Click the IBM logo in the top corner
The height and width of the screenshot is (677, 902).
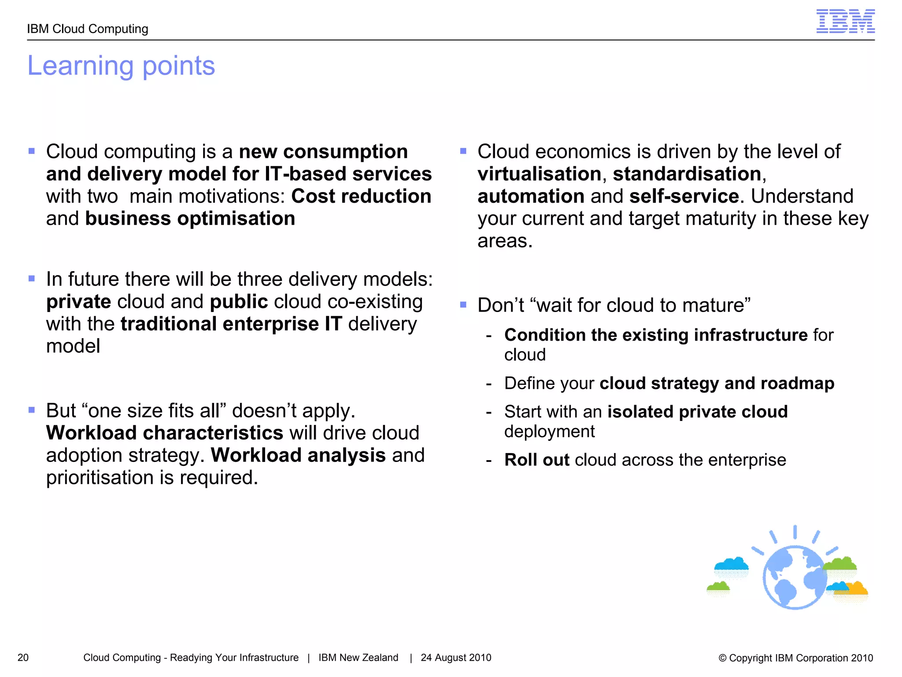pyautogui.click(x=845, y=22)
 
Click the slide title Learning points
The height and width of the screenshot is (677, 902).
pyautogui.click(x=121, y=66)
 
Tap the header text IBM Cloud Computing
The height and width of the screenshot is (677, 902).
pyautogui.click(x=87, y=29)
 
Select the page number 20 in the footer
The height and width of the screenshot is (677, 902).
pyautogui.click(x=23, y=658)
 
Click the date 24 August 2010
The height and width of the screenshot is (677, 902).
pyautogui.click(x=456, y=658)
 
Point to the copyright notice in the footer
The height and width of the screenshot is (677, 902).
pyautogui.click(x=795, y=658)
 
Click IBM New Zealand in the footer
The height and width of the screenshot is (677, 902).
pyautogui.click(x=358, y=658)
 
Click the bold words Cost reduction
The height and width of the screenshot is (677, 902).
pyautogui.click(x=361, y=196)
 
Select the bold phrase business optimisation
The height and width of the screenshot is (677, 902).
pyautogui.click(x=190, y=219)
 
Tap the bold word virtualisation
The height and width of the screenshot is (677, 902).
pyautogui.click(x=539, y=174)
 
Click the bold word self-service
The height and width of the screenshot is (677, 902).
pyautogui.click(x=684, y=196)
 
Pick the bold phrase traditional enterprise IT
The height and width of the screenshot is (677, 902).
pyautogui.click(x=231, y=324)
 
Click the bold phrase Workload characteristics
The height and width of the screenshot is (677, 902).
pyautogui.click(x=164, y=433)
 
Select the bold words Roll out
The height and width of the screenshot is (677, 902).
pyautogui.click(x=536, y=460)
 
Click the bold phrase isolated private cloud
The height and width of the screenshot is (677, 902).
pyautogui.click(x=697, y=412)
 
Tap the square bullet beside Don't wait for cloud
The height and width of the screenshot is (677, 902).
pyautogui.click(x=463, y=305)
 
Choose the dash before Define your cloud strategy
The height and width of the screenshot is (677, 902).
pyautogui.click(x=488, y=384)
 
